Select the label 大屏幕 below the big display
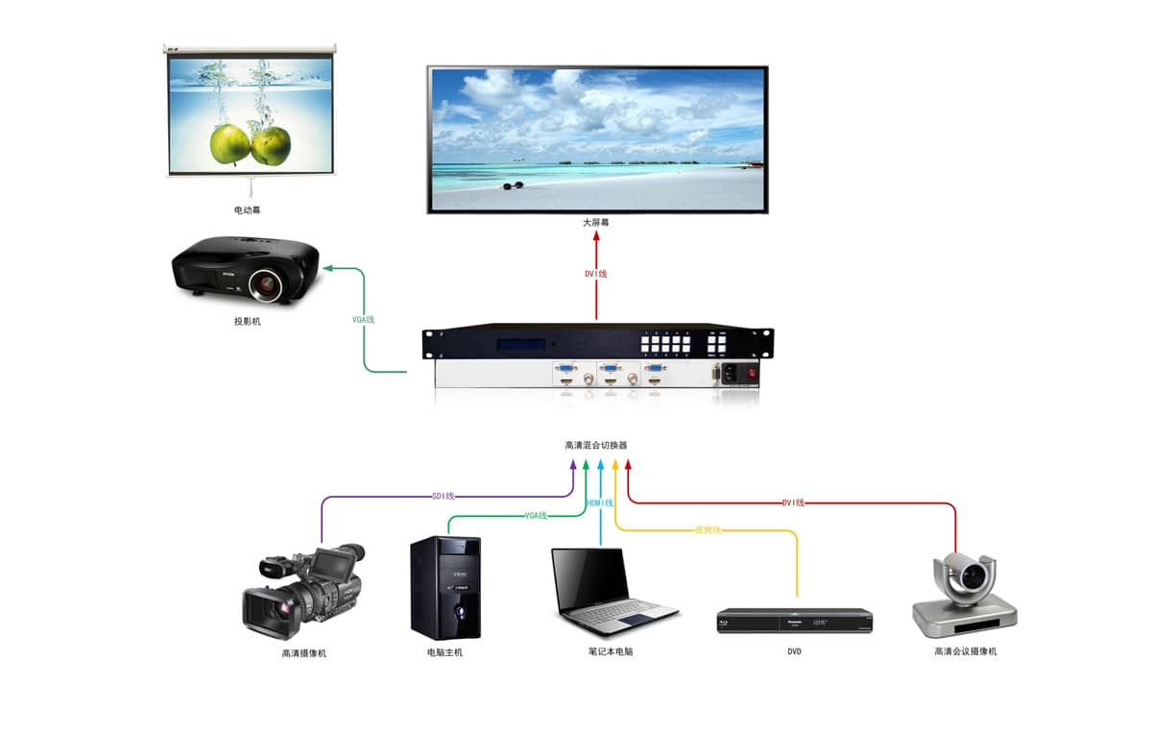(595, 223)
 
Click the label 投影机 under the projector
(248, 322)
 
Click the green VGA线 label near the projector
(363, 319)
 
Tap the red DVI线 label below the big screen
(595, 274)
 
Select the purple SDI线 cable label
(443, 497)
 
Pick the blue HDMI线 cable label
(600, 503)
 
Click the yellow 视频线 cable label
(708, 529)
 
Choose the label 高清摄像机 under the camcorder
(304, 653)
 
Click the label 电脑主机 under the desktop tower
(445, 653)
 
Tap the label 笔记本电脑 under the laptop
(611, 652)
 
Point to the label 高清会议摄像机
(965, 652)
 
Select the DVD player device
(794, 621)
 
